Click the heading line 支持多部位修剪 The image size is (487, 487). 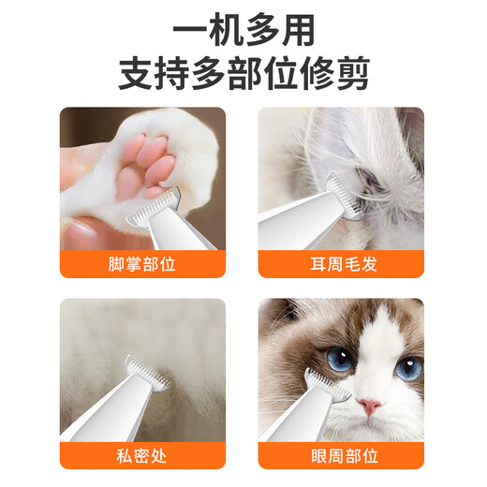point(243,73)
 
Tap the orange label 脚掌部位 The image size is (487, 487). point(142,264)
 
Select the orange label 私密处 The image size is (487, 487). point(142,456)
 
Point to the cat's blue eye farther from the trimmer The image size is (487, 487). point(407,367)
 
